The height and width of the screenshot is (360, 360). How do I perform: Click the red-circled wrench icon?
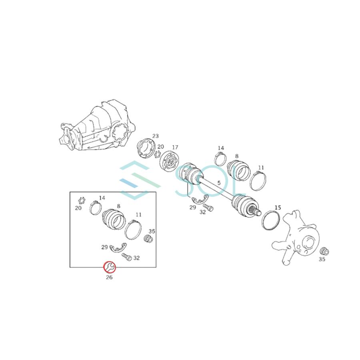click(110, 267)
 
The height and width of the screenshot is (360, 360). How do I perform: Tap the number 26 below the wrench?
click(109, 277)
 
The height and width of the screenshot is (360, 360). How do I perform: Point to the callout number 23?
click(156, 136)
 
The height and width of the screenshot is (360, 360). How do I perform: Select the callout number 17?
click(175, 147)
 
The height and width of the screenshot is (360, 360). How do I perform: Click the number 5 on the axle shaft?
click(219, 183)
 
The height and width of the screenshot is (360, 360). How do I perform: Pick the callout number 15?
click(278, 208)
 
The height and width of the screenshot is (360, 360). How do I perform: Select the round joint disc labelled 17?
click(169, 162)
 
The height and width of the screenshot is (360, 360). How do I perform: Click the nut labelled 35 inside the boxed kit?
click(148, 239)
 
